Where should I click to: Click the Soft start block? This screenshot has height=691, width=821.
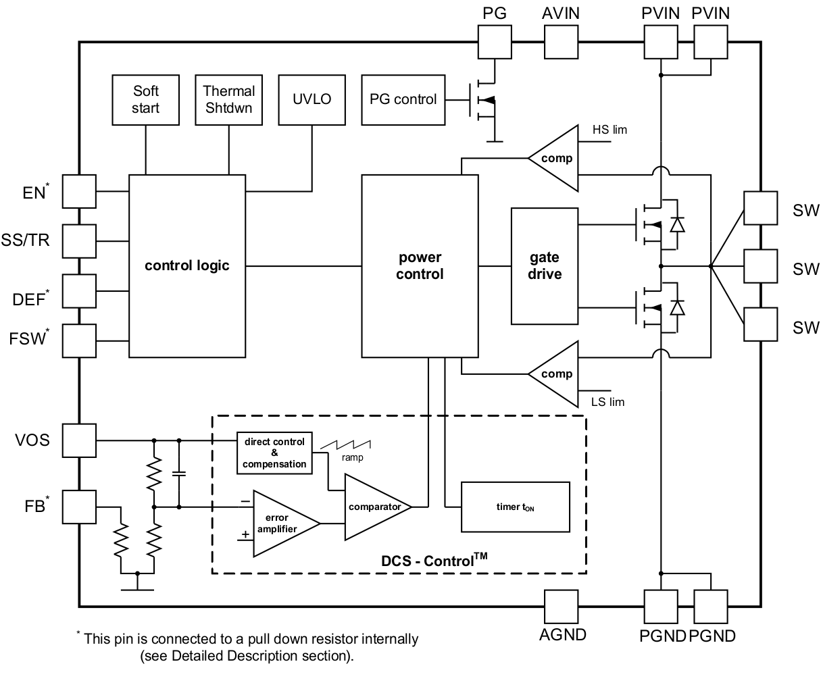pyautogui.click(x=145, y=99)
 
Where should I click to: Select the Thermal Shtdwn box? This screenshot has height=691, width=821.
pyautogui.click(x=228, y=99)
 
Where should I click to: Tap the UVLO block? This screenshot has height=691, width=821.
pyautogui.click(x=312, y=99)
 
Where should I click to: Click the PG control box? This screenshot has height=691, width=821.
pyautogui.click(x=403, y=99)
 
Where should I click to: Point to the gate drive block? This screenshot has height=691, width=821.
pyautogui.click(x=544, y=265)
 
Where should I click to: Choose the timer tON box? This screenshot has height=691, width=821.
pyautogui.click(x=515, y=507)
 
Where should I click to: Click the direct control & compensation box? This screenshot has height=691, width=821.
pyautogui.click(x=274, y=453)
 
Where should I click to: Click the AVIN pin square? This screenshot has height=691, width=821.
pyautogui.click(x=561, y=42)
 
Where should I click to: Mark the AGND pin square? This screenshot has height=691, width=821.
pyautogui.click(x=561, y=606)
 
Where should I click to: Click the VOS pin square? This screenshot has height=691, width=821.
pyautogui.click(x=79, y=440)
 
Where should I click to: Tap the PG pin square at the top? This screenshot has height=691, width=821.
pyautogui.click(x=495, y=42)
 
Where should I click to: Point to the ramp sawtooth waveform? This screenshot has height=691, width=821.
pyautogui.click(x=346, y=444)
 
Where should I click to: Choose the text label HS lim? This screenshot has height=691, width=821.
pyautogui.click(x=609, y=130)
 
